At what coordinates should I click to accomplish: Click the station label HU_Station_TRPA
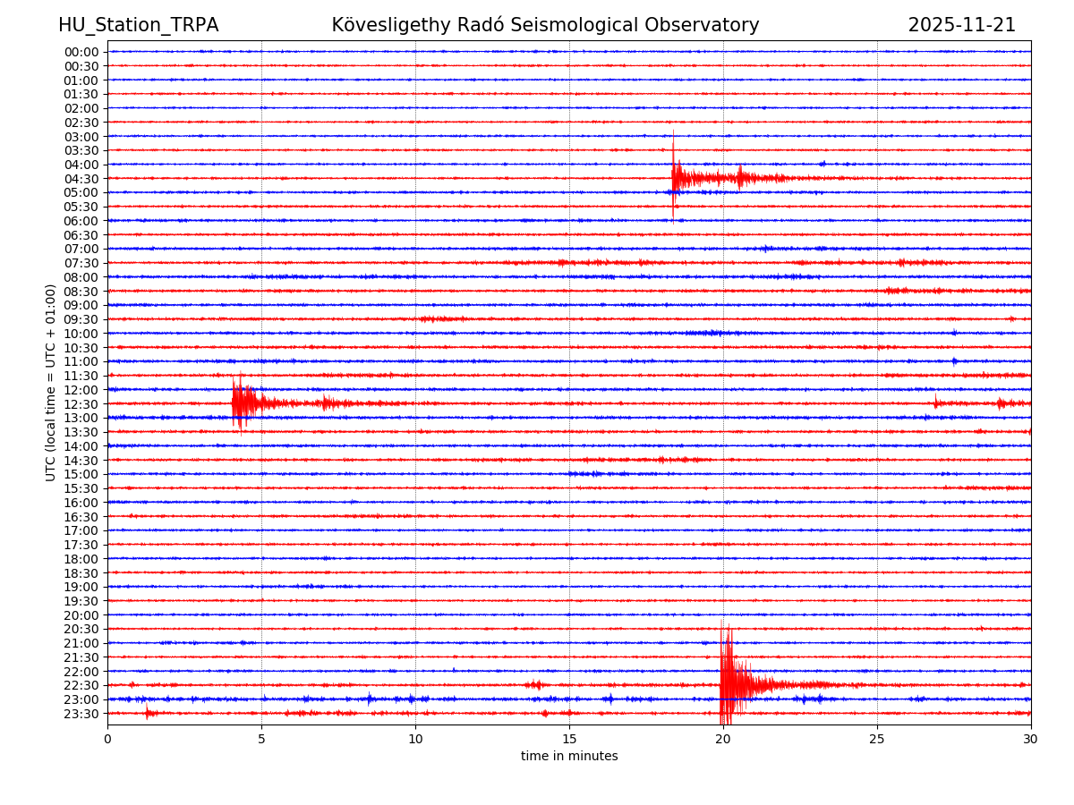point(138,25)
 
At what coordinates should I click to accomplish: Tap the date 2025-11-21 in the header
point(961,25)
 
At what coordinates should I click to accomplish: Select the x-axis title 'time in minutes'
point(569,757)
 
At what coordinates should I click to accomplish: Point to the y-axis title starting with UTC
point(51,382)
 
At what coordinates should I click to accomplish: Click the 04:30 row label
point(81,179)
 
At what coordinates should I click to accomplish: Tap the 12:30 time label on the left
point(81,404)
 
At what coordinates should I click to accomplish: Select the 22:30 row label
point(81,686)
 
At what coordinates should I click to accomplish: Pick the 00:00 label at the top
point(81,52)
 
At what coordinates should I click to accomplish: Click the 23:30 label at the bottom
point(81,714)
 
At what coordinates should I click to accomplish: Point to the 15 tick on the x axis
point(569,740)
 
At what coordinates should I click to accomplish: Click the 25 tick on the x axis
point(877,740)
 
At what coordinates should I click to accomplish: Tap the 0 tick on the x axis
point(107,740)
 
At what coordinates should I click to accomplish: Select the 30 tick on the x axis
point(1031,740)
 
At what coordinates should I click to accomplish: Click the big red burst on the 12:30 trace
point(239,403)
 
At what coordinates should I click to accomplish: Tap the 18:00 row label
point(81,559)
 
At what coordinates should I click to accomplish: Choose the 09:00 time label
point(81,305)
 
